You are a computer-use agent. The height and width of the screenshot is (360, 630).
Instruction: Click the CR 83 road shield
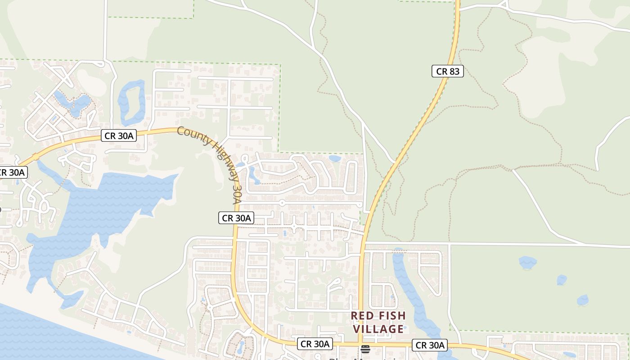click(447, 71)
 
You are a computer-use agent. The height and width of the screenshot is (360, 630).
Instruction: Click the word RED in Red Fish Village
click(362, 315)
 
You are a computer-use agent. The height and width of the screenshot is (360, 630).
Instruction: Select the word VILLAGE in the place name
click(378, 329)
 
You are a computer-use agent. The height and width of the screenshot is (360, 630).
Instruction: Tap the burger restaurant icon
click(365, 349)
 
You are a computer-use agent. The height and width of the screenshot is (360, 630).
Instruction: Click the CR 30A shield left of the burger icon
click(315, 344)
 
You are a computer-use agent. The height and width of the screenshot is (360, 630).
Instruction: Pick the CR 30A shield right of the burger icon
click(430, 345)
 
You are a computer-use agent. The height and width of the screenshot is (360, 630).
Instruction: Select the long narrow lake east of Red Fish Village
click(412, 292)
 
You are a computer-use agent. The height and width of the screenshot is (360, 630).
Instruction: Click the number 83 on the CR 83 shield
click(454, 71)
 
